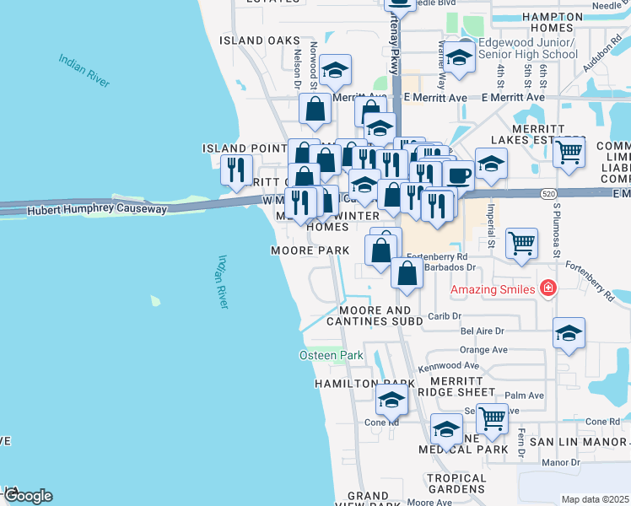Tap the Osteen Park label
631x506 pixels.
(x=332, y=355)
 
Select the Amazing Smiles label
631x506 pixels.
(x=493, y=289)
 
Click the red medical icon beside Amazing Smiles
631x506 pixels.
(x=548, y=288)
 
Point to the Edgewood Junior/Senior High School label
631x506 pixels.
(x=527, y=48)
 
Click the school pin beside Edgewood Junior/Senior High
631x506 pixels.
(x=459, y=57)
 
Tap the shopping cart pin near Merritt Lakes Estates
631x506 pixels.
(x=569, y=153)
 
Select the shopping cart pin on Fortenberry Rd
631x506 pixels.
(x=522, y=243)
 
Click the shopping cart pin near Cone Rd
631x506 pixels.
(x=491, y=417)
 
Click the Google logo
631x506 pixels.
(x=28, y=496)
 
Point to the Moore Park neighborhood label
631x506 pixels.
(x=310, y=250)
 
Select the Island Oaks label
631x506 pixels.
(x=259, y=40)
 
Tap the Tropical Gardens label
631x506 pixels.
(x=456, y=484)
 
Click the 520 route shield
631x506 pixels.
(x=549, y=194)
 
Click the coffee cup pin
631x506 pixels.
(x=459, y=175)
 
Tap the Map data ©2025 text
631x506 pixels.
(x=595, y=499)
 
